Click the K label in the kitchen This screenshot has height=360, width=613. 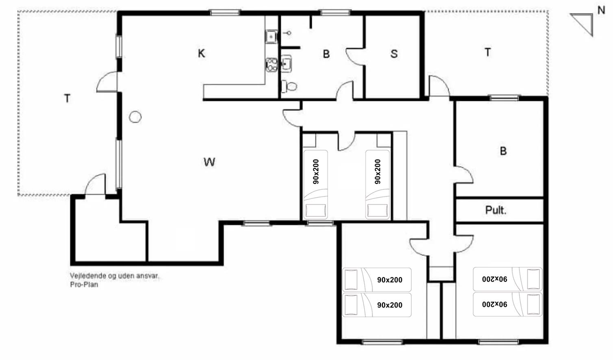coord(201,53)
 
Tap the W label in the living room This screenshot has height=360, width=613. coord(209,162)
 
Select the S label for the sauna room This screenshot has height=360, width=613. coord(394,54)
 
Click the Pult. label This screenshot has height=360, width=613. coord(496,210)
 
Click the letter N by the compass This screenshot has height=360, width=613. coord(601,11)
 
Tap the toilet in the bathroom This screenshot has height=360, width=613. coord(289,87)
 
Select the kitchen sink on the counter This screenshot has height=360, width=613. coord(271,37)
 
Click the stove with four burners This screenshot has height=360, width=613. coord(272,65)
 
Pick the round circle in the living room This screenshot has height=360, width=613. coord(135,117)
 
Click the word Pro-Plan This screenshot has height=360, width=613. coord(84,285)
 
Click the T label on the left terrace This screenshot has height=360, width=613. coord(67,98)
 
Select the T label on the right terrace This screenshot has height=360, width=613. coord(488,52)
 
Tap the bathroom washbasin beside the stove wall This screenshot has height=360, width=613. coord(286,64)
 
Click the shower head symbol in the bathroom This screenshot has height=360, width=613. coord(287,33)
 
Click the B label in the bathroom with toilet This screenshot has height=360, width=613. coord(326,54)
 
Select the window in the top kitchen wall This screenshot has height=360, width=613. coord(225,12)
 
